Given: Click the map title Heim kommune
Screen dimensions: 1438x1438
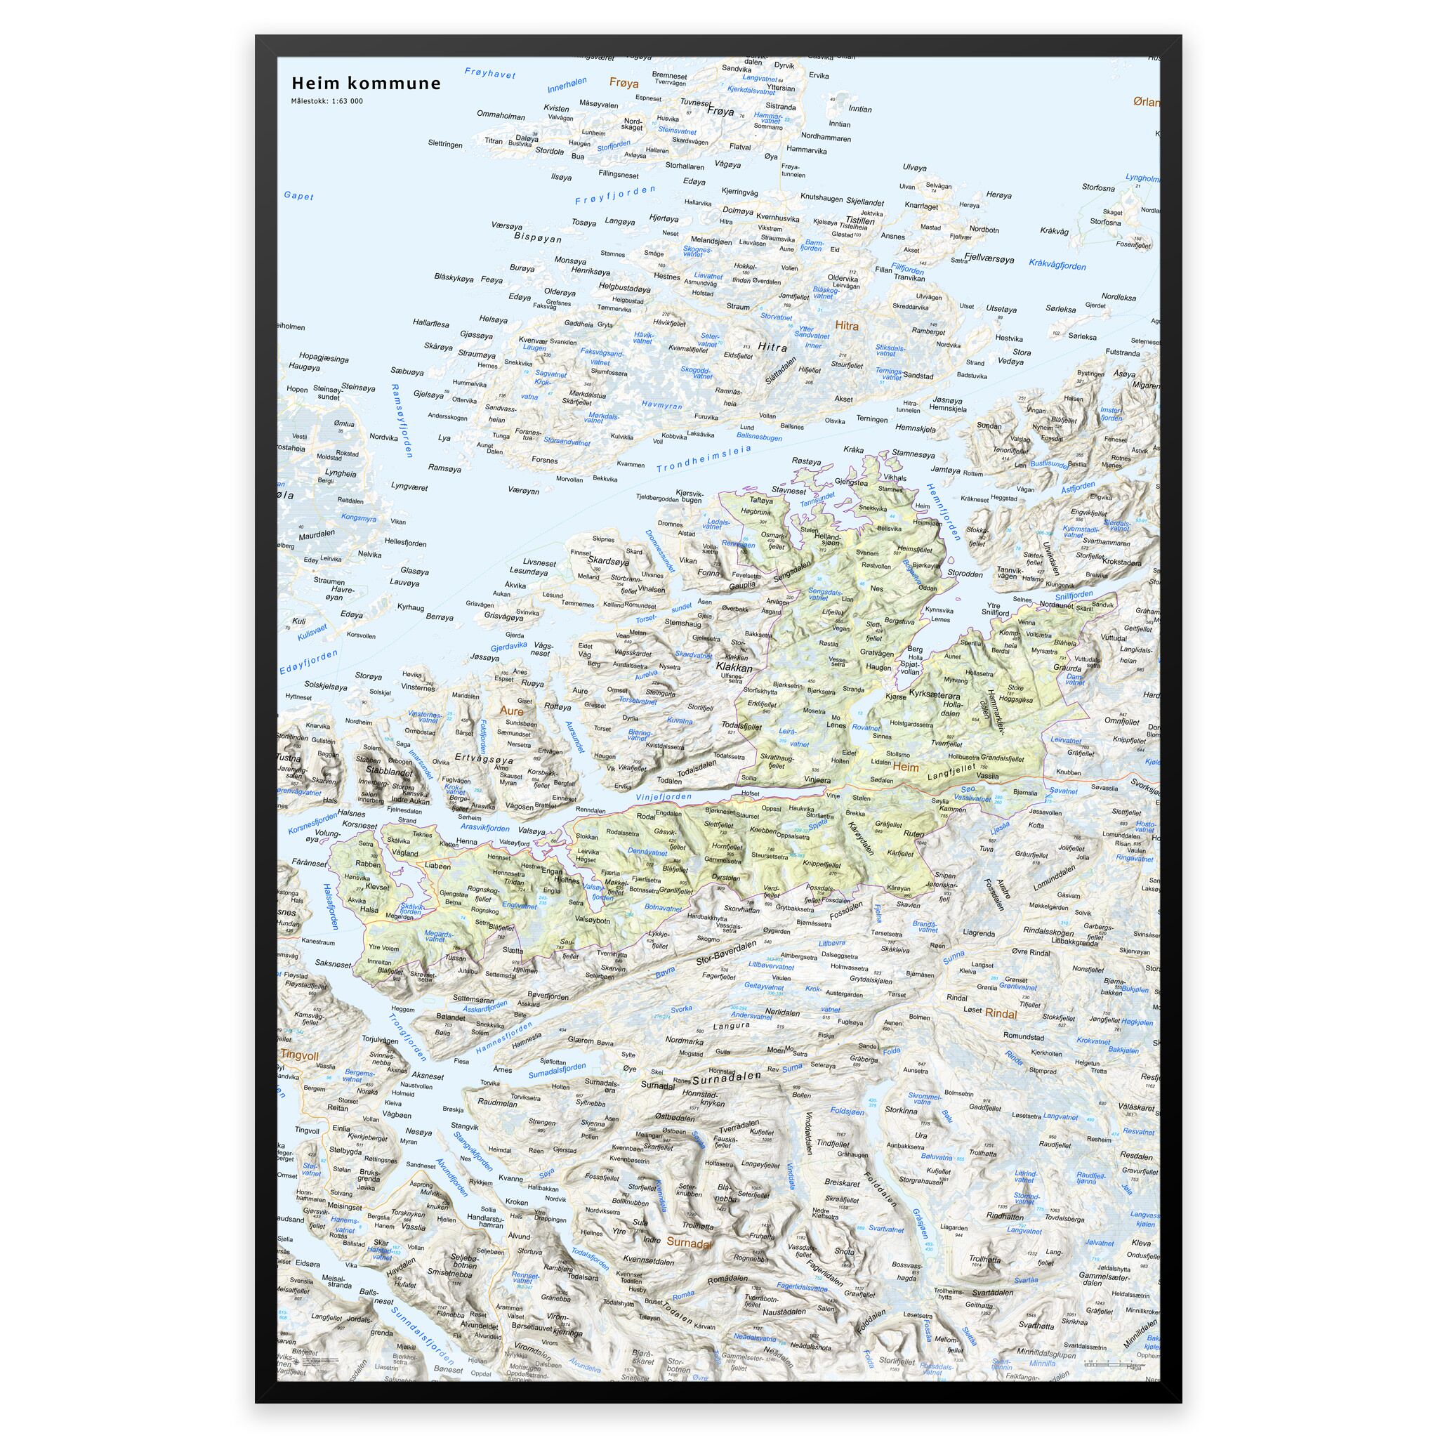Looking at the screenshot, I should (365, 83).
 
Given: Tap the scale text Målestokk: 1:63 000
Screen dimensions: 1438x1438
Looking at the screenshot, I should (326, 101).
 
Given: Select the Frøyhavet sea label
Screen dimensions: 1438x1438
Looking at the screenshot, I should (489, 74).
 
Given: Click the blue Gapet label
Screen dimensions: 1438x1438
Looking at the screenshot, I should (298, 197).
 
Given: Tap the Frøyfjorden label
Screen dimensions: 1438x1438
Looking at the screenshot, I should (615, 196).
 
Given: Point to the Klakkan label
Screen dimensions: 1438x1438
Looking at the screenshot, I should (733, 668).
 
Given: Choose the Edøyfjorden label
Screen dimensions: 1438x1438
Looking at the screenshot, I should (308, 661).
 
